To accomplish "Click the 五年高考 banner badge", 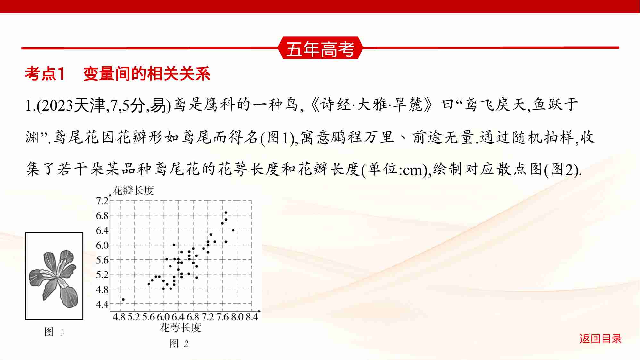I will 320,49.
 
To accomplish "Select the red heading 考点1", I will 45,74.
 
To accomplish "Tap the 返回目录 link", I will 600,339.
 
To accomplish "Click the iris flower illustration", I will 54,276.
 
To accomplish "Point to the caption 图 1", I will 54,332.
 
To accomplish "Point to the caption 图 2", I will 179,344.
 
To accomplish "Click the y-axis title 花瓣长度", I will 133,190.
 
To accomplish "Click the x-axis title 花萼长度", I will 180,328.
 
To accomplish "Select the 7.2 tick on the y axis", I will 102,201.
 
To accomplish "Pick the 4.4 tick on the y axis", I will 102,304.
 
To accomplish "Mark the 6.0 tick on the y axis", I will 102,245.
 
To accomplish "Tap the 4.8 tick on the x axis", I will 119,317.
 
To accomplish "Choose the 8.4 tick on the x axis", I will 252,317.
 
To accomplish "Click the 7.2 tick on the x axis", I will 208,317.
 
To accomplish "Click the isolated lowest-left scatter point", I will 123,300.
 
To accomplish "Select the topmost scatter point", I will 226,213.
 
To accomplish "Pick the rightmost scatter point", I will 233,230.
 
